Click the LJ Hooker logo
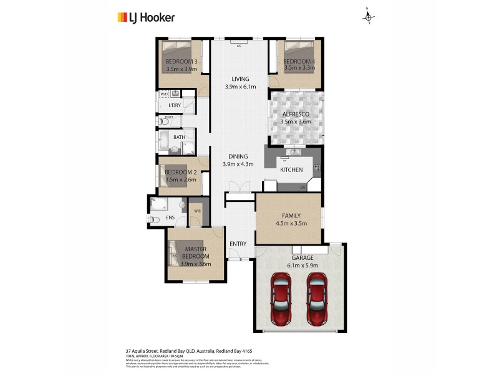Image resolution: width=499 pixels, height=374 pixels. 146,17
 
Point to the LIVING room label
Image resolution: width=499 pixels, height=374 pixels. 240,79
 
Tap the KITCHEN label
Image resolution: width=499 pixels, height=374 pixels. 291,170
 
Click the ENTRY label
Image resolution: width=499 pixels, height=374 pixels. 238,244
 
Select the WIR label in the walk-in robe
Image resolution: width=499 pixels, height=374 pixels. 197,211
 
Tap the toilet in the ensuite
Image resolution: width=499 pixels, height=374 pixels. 154,219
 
